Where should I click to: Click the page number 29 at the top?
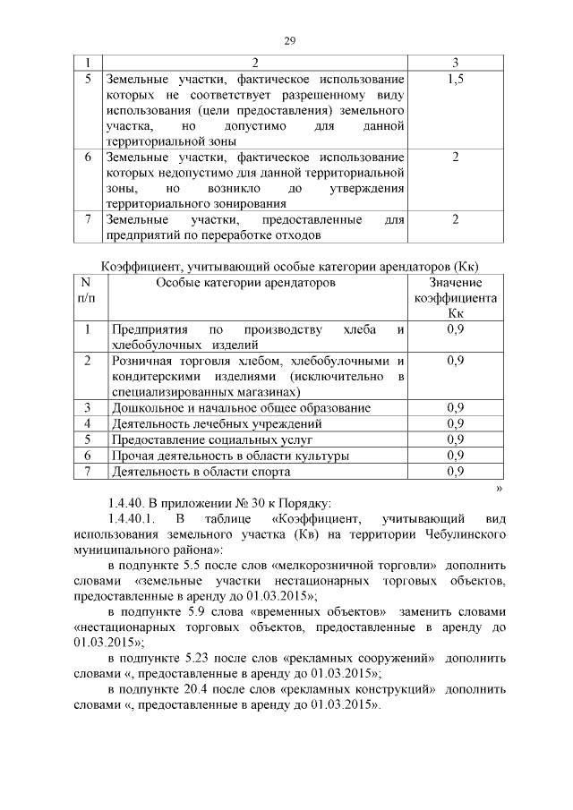tap(289, 40)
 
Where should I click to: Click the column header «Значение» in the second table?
tap(455, 283)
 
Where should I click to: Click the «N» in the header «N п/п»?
tap(87, 283)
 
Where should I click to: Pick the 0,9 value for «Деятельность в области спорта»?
tap(455, 471)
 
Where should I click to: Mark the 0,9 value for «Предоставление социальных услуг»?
tap(455, 439)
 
